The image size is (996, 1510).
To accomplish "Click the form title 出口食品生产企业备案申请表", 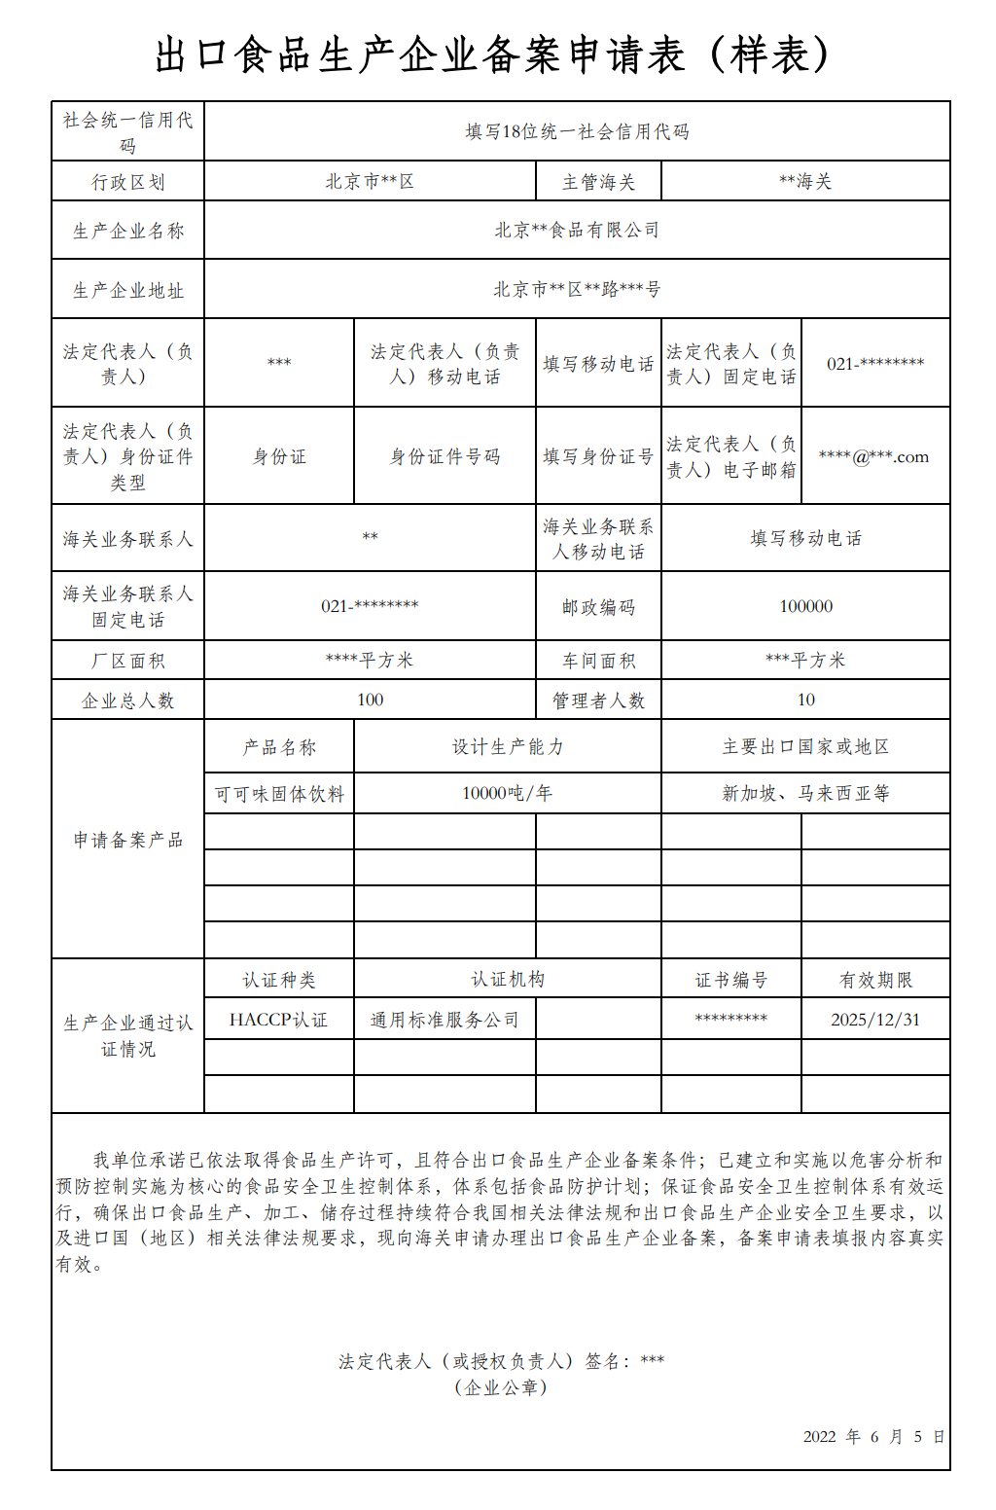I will coord(493,55).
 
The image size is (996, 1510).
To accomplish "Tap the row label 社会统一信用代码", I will coord(127,132).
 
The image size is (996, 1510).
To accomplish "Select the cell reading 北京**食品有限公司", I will coord(577,231).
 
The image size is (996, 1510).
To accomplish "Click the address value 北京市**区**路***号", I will coord(577,290).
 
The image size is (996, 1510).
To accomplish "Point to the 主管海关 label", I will coord(598,182).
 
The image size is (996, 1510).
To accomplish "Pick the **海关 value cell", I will coord(805,182).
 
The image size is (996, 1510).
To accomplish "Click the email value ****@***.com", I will coord(874,456).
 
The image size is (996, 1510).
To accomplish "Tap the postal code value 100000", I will coord(805,606).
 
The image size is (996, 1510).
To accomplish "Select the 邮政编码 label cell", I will coord(598,607).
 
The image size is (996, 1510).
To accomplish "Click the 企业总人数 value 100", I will coord(370,700).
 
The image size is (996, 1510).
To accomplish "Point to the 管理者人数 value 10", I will coord(805,700).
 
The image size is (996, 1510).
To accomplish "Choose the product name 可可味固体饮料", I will coord(279,794).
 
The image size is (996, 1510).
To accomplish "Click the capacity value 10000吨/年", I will coord(507,793).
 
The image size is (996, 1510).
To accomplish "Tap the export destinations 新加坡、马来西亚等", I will coord(805,793).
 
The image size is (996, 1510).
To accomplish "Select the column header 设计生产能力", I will coord(507,747).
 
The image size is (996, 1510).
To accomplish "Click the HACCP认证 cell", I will coord(278,1020).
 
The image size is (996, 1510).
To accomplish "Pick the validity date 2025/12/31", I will coord(874,1020).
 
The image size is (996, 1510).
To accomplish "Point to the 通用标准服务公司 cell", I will coord(445,1020).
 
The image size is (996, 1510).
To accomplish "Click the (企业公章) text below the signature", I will coord(501,1387).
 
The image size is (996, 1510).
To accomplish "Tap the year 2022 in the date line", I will coord(819,1437).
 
